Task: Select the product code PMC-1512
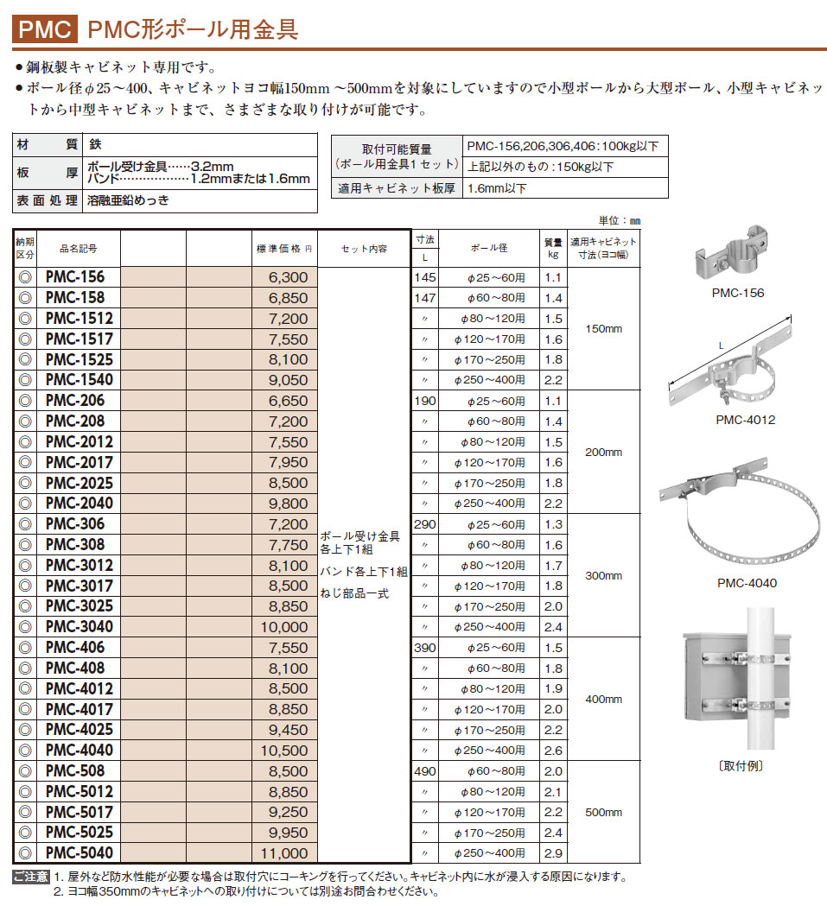[79, 318]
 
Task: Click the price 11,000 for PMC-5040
[283, 852]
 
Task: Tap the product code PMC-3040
[79, 626]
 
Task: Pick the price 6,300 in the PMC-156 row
[288, 277]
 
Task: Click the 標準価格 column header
[282, 249]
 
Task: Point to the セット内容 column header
[363, 249]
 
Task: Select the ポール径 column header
[489, 249]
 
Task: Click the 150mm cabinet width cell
[603, 328]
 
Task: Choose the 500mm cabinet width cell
[603, 812]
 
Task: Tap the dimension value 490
[425, 771]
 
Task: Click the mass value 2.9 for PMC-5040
[553, 852]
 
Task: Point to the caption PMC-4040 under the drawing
[747, 583]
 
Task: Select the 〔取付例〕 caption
[741, 766]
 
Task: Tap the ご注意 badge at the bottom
[30, 877]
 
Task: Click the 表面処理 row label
[48, 200]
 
